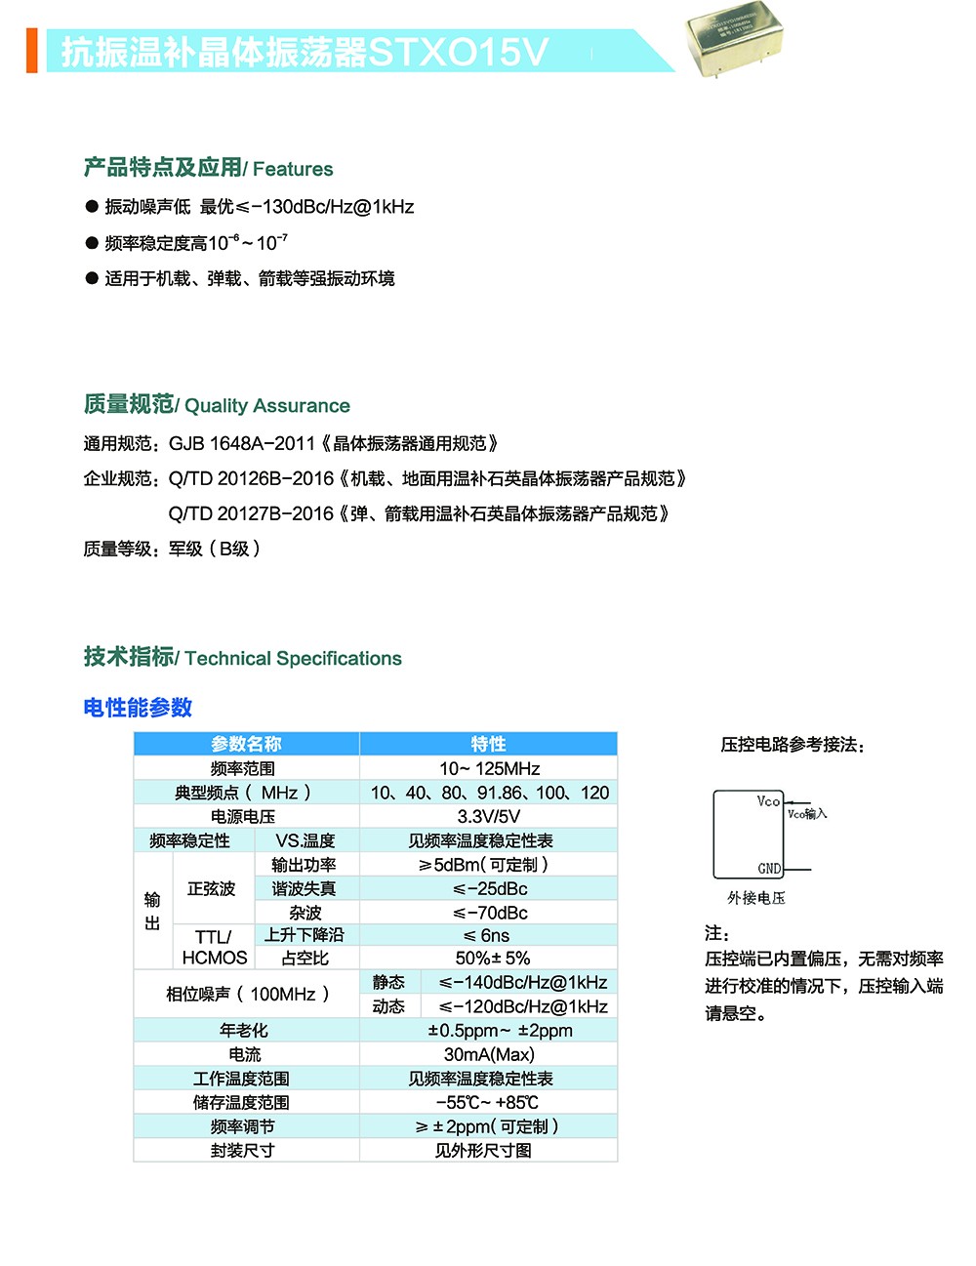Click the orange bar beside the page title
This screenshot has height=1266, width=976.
pyautogui.click(x=31, y=51)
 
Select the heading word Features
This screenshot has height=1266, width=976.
pyautogui.click(x=293, y=169)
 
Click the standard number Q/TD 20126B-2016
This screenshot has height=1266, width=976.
pyautogui.click(x=251, y=479)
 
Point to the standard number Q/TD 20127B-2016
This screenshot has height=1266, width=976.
pyautogui.click(x=251, y=514)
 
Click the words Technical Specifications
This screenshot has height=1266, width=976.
pyautogui.click(x=293, y=659)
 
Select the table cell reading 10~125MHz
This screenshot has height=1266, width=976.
pyautogui.click(x=489, y=769)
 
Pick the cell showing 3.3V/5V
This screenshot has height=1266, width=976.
pyautogui.click(x=489, y=817)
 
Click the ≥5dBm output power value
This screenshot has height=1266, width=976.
pyautogui.click(x=483, y=865)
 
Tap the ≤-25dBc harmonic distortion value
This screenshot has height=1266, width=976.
pyautogui.click(x=490, y=889)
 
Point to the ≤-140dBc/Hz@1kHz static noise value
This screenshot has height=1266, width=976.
pyautogui.click(x=522, y=983)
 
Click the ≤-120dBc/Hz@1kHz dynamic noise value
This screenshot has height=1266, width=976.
pyautogui.click(x=522, y=1007)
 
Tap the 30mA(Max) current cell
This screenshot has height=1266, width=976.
pyautogui.click(x=489, y=1055)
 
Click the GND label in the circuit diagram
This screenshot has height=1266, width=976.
pyautogui.click(x=769, y=869)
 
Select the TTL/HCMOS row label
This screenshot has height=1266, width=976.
pyautogui.click(x=214, y=948)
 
